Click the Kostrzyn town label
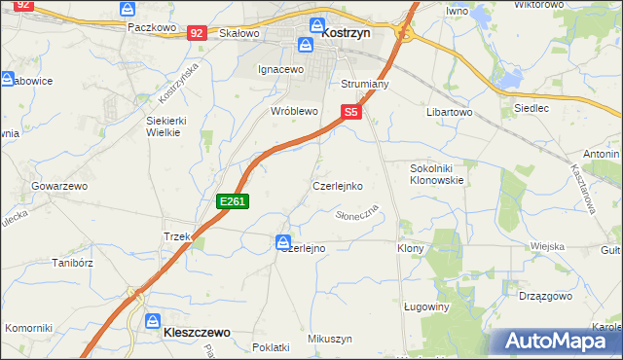[x=348, y=32]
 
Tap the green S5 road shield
[x=351, y=113]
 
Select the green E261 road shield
[x=234, y=201]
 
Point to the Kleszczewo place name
[x=189, y=332]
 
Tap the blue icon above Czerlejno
[x=283, y=241]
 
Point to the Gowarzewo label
[x=59, y=185]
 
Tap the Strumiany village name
[x=365, y=85]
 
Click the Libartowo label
[x=449, y=113]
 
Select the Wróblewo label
[x=294, y=111]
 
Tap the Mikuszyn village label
[x=329, y=338]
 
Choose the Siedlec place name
[x=531, y=108]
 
